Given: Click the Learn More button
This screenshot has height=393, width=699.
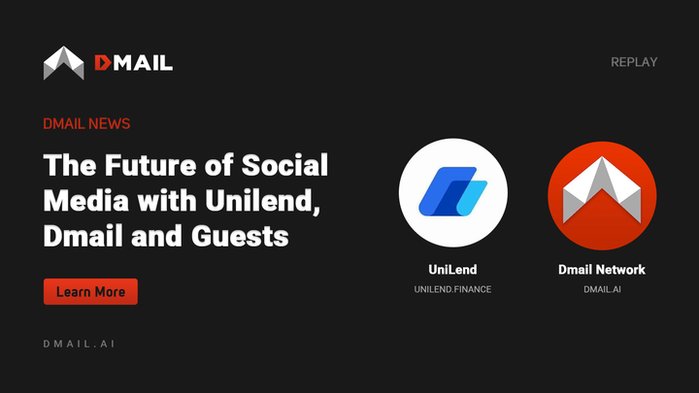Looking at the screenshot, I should (x=90, y=292).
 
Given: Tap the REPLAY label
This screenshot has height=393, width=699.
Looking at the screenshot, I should (x=634, y=62).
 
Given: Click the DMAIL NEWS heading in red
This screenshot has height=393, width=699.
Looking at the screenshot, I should (x=86, y=124).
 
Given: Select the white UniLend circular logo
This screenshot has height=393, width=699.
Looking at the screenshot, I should (x=452, y=192).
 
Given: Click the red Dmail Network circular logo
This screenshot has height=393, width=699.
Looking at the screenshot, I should (x=602, y=192).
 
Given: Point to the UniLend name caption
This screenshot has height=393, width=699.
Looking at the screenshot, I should (x=452, y=269).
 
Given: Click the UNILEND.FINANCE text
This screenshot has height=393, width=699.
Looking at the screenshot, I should (x=452, y=289).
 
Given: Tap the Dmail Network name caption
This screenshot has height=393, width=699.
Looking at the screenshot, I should (x=602, y=269).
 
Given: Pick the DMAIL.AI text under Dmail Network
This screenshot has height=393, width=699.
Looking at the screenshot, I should (x=602, y=289).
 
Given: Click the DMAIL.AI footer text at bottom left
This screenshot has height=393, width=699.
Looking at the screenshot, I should (x=80, y=344).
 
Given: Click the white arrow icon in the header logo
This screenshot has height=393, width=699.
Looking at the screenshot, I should (x=64, y=63).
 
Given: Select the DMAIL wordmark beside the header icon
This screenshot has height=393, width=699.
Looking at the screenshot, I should (x=134, y=63).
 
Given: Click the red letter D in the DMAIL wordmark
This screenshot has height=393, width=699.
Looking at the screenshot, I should (x=103, y=63).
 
